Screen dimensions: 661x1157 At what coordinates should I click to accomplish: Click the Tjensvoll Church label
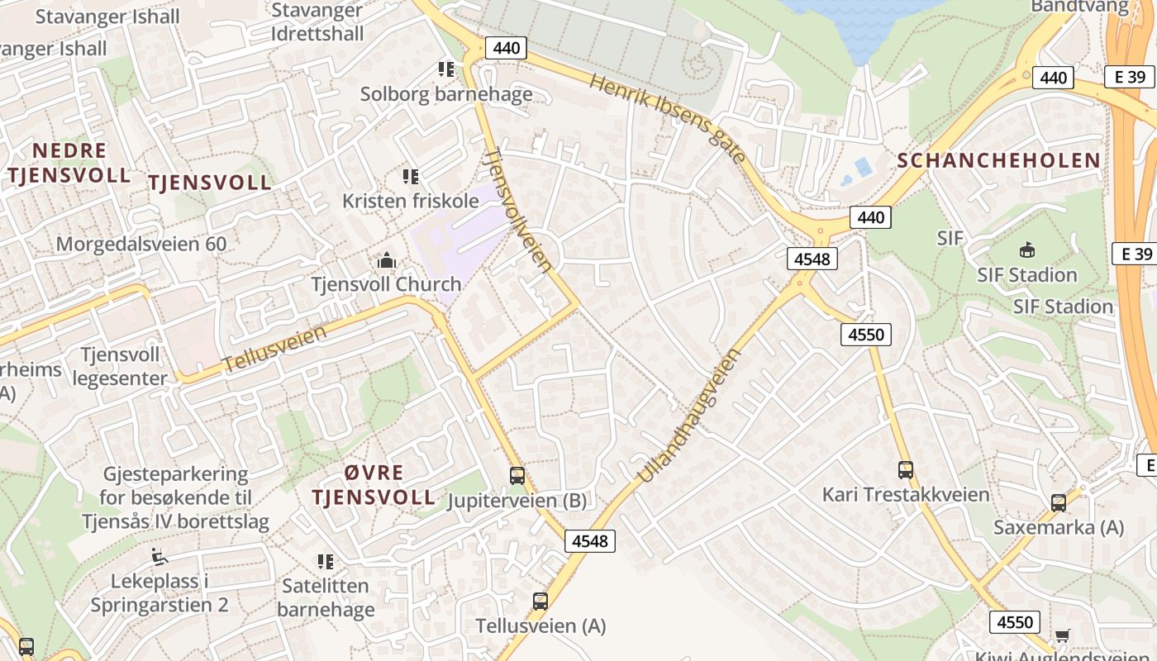click(x=386, y=284)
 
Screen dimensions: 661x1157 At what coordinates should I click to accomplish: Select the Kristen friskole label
click(x=411, y=201)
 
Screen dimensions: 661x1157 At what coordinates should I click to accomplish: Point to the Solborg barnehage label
click(x=446, y=94)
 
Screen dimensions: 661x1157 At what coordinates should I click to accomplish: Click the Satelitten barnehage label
click(x=326, y=598)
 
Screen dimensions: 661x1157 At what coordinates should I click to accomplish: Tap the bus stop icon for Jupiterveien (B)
click(x=517, y=476)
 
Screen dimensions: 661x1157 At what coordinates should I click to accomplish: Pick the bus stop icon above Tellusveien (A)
click(x=540, y=602)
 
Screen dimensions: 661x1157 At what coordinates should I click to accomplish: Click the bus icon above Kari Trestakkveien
click(x=906, y=470)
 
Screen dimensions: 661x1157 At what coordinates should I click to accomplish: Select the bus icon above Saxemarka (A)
click(x=1059, y=502)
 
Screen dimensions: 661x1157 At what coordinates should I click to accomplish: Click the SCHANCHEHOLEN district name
click(x=999, y=160)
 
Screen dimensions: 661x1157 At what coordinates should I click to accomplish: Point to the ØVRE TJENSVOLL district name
click(x=374, y=485)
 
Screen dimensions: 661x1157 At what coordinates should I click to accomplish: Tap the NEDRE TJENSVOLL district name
click(x=69, y=163)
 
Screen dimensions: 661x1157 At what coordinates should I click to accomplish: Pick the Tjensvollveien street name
click(x=518, y=210)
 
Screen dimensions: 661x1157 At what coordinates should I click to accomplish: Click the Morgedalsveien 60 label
click(x=141, y=244)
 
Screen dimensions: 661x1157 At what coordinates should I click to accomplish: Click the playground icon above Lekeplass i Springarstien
click(x=160, y=557)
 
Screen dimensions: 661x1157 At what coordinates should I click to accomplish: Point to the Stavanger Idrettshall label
click(x=317, y=22)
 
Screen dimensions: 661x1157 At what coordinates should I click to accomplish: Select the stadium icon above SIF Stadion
click(x=1027, y=250)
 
